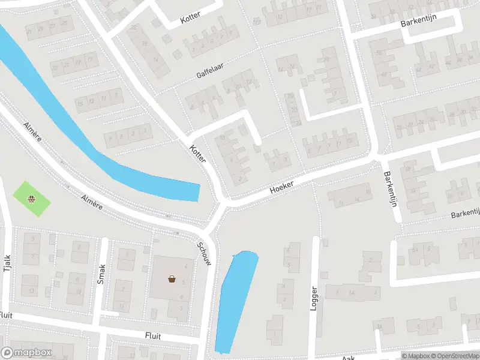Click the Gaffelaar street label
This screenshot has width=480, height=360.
click(210, 74)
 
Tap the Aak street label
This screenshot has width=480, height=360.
click(348, 356)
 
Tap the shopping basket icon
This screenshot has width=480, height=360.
click(172, 279)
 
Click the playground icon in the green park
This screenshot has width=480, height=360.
click(32, 200)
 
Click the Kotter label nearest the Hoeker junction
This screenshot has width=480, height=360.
click(198, 154)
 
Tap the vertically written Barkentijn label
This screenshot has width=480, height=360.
click(390, 189)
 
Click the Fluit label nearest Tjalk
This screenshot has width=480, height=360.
click(6, 314)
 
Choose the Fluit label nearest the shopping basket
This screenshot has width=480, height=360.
click(154, 336)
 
